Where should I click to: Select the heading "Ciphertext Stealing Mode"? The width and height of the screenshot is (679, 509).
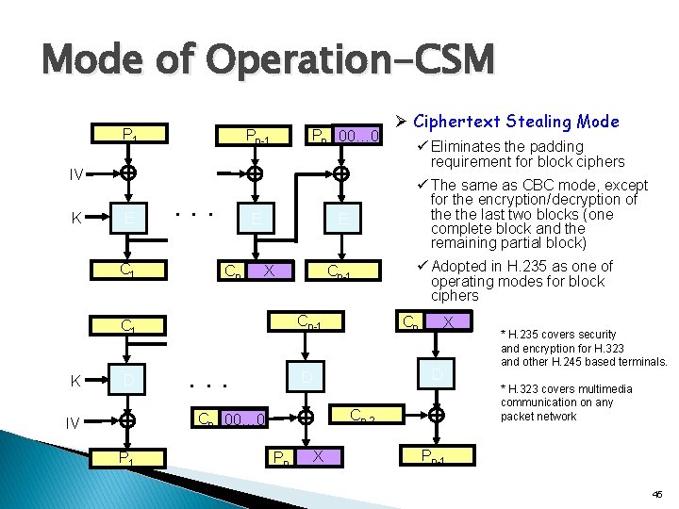coord(516,122)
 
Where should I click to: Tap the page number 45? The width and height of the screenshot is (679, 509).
coord(656,493)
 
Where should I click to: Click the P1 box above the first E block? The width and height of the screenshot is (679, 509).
coord(129,137)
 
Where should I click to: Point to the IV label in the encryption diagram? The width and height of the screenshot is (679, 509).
coord(78,174)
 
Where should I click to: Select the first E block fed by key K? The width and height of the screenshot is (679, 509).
coord(129,220)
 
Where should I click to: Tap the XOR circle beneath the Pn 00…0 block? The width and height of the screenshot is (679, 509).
coord(342,174)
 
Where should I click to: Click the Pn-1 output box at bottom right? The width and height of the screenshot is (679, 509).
coord(436,458)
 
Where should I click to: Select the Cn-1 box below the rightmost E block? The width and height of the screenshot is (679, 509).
coord(342,272)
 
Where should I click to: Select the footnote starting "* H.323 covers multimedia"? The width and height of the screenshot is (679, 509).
coord(566,402)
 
